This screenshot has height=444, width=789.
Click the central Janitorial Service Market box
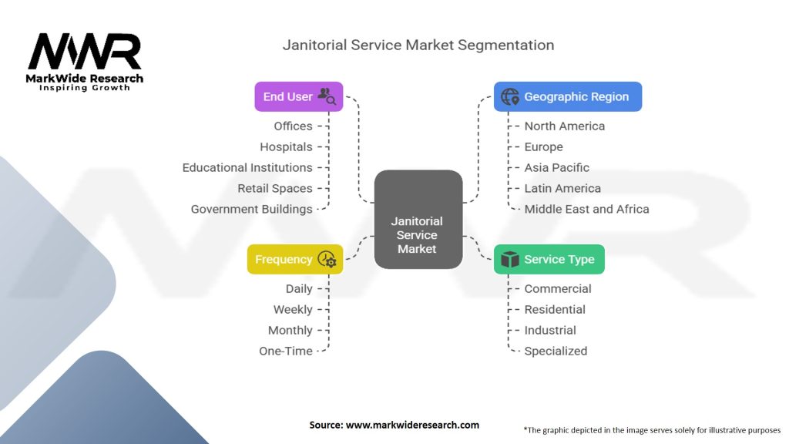click(418, 219)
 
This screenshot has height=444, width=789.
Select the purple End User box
click(298, 96)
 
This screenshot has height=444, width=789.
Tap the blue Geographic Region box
click(568, 96)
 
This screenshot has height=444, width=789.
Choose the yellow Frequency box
click(295, 259)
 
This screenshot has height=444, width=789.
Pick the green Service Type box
click(549, 259)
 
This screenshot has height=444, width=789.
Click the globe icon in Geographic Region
click(510, 96)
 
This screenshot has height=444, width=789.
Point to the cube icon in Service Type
click(510, 259)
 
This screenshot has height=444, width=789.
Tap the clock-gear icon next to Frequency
click(327, 259)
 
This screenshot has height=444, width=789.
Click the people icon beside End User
click(327, 96)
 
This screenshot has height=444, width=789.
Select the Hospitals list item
click(287, 147)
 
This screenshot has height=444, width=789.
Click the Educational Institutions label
click(247, 167)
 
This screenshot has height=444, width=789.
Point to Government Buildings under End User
click(252, 209)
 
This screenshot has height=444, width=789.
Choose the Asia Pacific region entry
click(556, 167)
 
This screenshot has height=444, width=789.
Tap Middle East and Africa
click(586, 209)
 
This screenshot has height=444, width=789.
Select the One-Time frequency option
click(286, 351)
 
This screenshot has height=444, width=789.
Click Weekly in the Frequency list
click(293, 310)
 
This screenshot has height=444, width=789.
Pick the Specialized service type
click(556, 351)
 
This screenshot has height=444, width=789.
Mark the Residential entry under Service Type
click(555, 310)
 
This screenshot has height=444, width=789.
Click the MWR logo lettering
click(85, 51)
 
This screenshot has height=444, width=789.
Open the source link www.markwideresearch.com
click(412, 425)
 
